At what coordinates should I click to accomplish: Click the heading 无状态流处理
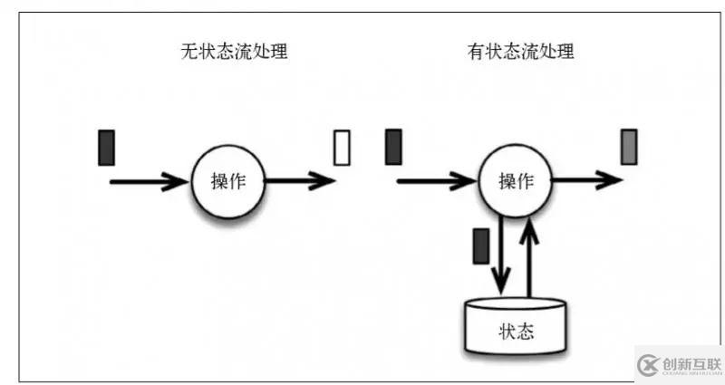235,52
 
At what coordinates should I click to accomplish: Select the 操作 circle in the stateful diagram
514,181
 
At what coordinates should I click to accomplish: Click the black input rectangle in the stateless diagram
107,148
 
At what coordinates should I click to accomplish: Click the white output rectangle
342,148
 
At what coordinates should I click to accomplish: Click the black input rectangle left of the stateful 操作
393,148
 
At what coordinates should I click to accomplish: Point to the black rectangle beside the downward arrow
481,245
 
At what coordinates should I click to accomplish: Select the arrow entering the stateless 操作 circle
150,182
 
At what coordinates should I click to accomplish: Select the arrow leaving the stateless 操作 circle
299,181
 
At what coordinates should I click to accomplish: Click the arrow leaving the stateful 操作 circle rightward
585,181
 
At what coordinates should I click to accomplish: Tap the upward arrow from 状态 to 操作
530,258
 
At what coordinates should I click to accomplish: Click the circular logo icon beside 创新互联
647,364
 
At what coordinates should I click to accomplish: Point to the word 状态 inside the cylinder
516,331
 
